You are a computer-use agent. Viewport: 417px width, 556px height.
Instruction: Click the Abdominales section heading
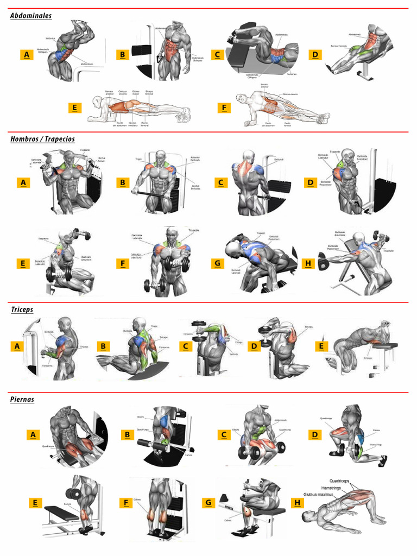tap(31, 16)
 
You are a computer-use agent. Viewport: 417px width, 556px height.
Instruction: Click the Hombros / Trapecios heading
tap(42, 139)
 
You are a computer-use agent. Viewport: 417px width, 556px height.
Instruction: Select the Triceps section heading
tap(22, 309)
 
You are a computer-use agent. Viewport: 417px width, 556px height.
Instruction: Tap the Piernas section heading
tap(22, 399)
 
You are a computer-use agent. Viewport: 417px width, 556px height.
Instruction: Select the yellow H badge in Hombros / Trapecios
tap(308, 264)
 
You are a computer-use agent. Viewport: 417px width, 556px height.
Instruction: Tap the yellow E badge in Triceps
tap(321, 346)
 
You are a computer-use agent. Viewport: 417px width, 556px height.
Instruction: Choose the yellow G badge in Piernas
tap(207, 503)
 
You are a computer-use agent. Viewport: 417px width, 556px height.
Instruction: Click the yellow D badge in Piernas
tap(314, 434)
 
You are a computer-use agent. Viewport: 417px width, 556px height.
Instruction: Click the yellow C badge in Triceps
tap(185, 346)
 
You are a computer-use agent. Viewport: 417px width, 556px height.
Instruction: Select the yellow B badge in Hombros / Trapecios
tap(123, 182)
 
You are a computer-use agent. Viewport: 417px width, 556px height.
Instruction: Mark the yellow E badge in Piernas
tap(35, 503)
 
